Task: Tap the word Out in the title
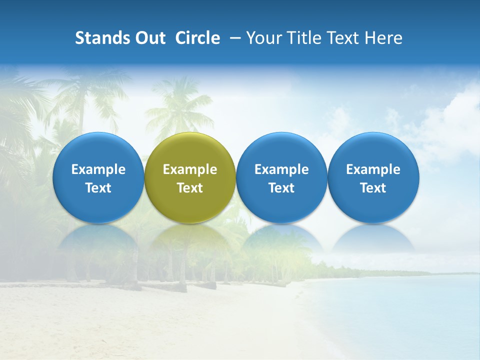[149, 38]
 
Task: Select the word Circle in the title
[197, 38]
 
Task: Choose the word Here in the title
[382, 38]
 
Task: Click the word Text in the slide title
[343, 38]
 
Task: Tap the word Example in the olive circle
[190, 169]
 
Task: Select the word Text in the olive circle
[190, 188]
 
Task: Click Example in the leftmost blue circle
[98, 169]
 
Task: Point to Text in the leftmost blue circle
[98, 188]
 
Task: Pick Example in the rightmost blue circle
[373, 169]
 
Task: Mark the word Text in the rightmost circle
[373, 188]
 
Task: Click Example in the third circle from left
[281, 169]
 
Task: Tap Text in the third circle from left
[281, 188]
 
